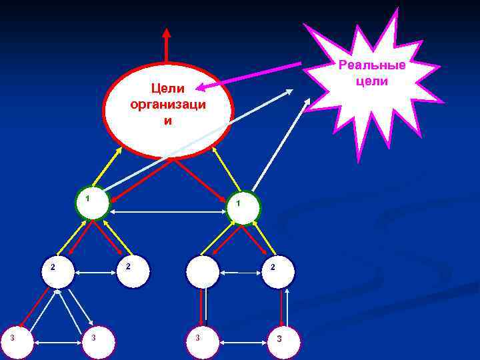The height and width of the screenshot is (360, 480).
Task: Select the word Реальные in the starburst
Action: pos(372,65)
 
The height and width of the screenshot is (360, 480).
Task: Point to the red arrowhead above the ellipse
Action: pos(167,33)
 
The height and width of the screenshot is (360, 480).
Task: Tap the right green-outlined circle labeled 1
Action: pos(243,207)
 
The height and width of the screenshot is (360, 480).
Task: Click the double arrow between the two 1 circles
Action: pos(167,212)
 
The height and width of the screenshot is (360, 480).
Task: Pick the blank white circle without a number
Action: pos(202,271)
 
